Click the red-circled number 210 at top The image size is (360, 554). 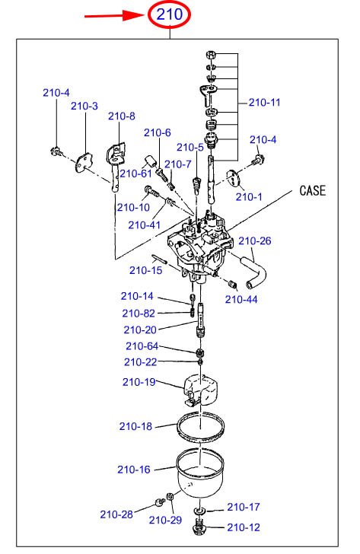(170, 14)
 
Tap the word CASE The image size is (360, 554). (312, 191)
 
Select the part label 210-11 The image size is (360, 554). (264, 103)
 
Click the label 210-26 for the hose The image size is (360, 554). (255, 241)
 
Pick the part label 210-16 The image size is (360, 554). (133, 470)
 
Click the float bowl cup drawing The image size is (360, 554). (200, 473)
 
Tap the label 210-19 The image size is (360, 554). (139, 382)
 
